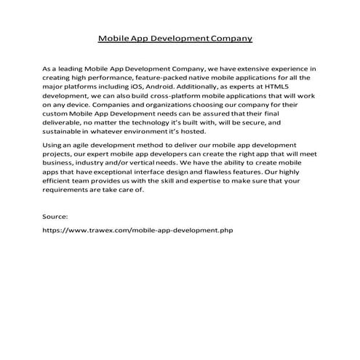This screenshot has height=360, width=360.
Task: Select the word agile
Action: pos(83,148)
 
